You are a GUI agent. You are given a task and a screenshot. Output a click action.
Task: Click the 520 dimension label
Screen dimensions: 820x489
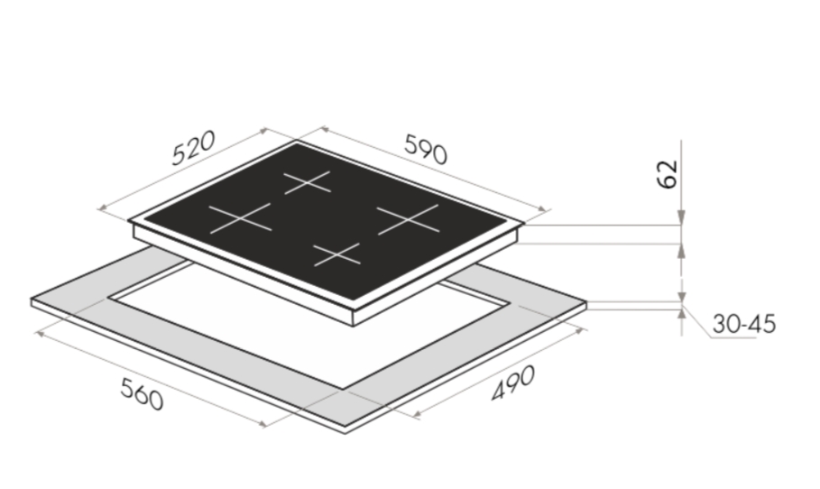(x=193, y=148)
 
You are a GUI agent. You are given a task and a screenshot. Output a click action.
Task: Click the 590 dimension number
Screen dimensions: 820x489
(x=426, y=150)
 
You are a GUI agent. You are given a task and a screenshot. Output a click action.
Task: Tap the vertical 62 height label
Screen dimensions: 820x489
(x=667, y=173)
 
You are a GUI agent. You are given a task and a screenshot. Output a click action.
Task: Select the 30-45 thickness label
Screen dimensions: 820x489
(x=743, y=324)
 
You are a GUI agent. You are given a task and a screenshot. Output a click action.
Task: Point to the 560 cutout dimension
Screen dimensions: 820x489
(x=142, y=393)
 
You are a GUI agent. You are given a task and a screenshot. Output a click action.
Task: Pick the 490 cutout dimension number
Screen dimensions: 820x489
(x=513, y=383)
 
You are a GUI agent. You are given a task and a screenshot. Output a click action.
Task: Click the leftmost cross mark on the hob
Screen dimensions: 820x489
(x=240, y=218)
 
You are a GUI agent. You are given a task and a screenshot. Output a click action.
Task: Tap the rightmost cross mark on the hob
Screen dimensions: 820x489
(x=408, y=219)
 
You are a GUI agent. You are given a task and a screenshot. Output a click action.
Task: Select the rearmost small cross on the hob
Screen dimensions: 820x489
(x=308, y=182)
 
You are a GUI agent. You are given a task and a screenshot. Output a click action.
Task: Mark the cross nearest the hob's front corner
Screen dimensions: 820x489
(x=336, y=254)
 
